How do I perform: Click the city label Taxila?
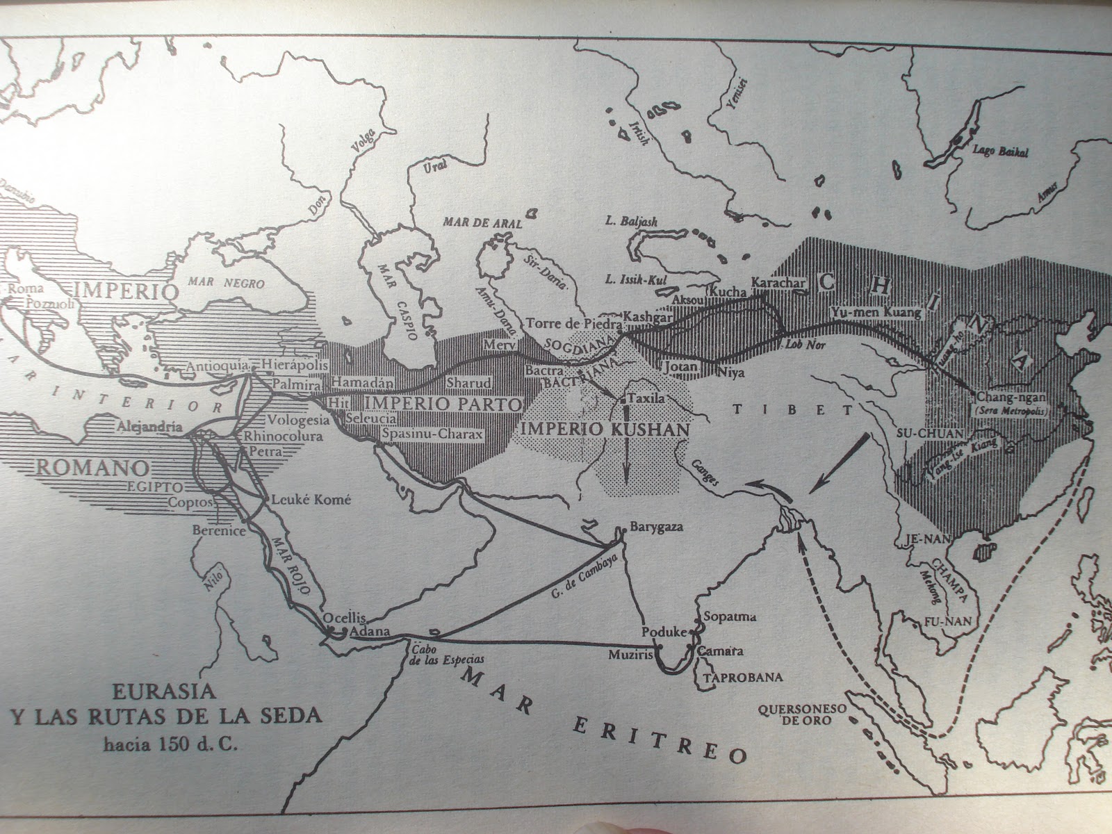pos(646,400)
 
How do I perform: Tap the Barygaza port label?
pos(656,527)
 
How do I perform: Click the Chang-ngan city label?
pos(1011,398)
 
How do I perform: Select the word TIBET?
pos(792,410)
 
